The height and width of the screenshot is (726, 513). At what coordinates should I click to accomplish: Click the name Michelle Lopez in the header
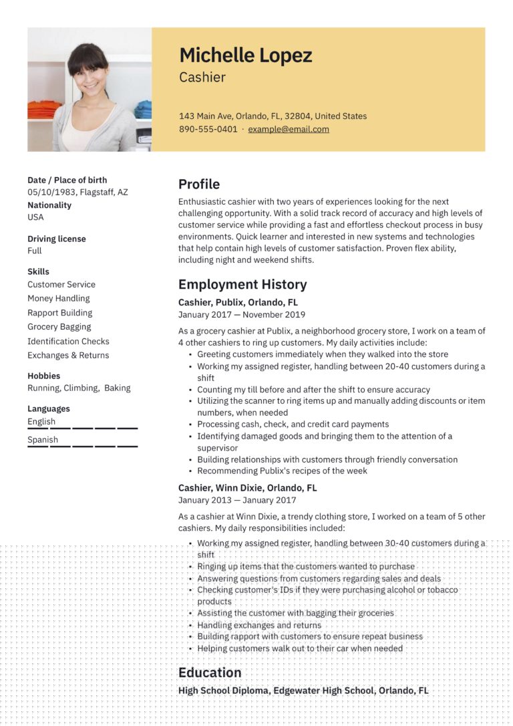tap(245, 55)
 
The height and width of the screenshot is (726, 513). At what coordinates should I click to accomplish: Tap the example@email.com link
tap(289, 129)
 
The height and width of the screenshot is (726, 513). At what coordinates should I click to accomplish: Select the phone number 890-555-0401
tap(208, 129)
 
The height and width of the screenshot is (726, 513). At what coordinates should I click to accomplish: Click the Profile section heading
tap(199, 184)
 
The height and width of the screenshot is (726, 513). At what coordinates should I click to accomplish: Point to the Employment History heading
tap(242, 284)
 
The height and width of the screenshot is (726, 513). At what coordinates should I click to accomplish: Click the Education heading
tap(210, 673)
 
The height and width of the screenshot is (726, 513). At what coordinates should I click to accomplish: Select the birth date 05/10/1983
tap(51, 192)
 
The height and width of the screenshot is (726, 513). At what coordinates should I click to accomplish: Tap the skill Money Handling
tap(58, 298)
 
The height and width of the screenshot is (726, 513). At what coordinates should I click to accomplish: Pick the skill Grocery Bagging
tap(59, 327)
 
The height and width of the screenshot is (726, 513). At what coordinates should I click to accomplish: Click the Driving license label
tap(57, 239)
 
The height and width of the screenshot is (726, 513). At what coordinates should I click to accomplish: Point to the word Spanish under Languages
tap(43, 440)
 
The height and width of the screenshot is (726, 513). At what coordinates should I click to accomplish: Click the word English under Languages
tap(41, 422)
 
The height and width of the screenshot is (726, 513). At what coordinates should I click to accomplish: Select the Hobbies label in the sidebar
tap(43, 376)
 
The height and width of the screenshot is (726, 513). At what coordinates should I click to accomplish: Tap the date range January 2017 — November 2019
tap(242, 314)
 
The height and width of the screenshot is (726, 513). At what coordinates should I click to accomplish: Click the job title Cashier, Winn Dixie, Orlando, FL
tap(248, 488)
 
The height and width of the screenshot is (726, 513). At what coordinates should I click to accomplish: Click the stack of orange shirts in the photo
tap(44, 109)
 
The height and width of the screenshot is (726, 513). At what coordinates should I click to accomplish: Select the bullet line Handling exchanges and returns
tap(259, 625)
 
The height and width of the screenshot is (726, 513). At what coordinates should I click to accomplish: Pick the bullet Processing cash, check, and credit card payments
tap(293, 425)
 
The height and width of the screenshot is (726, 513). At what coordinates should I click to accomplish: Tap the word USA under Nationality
tap(35, 217)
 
